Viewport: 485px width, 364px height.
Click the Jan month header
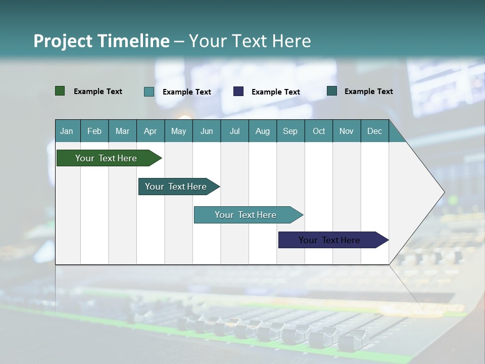click(x=67, y=131)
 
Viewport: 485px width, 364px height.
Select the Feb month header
click(x=94, y=131)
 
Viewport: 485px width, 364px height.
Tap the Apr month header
click(x=150, y=131)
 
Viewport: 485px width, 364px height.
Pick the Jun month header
click(x=207, y=131)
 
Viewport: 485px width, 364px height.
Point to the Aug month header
click(x=262, y=131)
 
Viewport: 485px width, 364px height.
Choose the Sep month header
click(x=290, y=131)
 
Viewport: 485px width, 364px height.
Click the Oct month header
click(x=319, y=131)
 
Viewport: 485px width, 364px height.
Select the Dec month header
click(x=374, y=131)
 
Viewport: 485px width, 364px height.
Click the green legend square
click(x=60, y=91)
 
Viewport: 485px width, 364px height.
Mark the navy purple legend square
click(x=238, y=91)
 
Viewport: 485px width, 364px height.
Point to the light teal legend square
click(x=149, y=92)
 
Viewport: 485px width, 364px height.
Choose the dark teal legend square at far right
click(x=332, y=91)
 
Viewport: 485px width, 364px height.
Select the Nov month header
click(x=347, y=131)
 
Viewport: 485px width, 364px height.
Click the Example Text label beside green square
click(x=98, y=92)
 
